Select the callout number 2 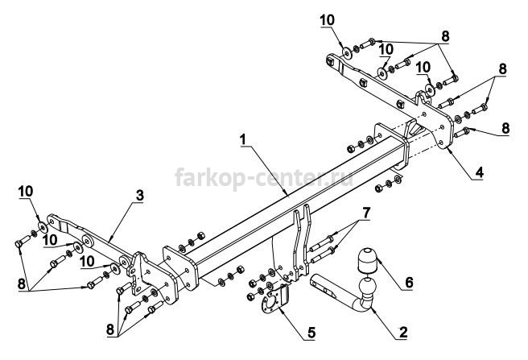pos(403,333)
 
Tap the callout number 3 pos(140,195)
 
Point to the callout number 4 pos(479,172)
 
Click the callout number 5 pos(311,333)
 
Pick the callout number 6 pos(409,283)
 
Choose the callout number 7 pos(366,213)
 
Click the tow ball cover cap pos(368,261)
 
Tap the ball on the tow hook pos(368,288)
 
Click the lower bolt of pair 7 pos(322,255)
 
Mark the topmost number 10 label pos(328,20)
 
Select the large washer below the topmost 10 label pos(346,52)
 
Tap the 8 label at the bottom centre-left pos(110,329)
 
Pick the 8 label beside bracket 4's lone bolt pos(505,128)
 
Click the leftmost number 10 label pos(26,192)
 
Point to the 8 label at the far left pos(22,284)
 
